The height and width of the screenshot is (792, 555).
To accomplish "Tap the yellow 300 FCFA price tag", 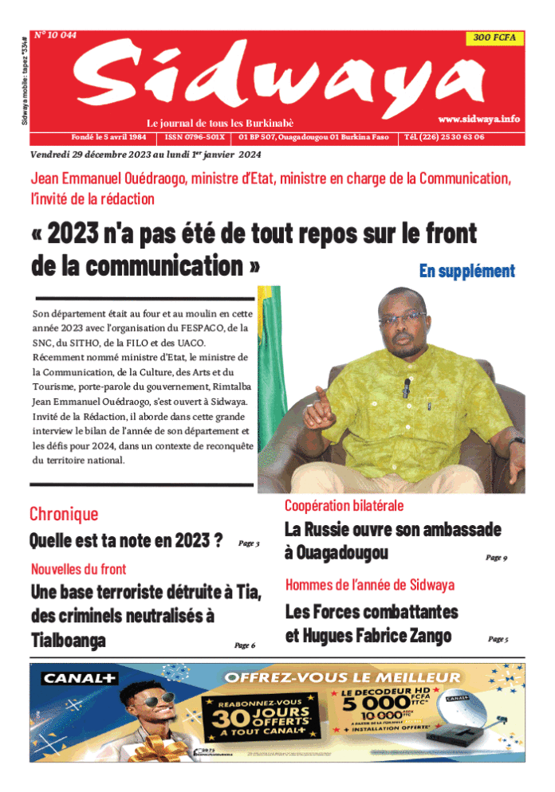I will click(x=494, y=37).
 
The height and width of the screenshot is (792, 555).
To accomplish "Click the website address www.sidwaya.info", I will click(x=478, y=119).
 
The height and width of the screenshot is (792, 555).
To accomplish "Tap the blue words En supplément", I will click(x=466, y=271).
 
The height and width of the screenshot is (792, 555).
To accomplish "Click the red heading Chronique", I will click(x=64, y=514).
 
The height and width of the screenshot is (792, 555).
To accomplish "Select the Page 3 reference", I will click(x=249, y=544).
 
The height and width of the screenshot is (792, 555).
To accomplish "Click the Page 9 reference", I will click(x=496, y=558).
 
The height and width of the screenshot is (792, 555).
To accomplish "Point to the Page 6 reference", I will click(x=244, y=645).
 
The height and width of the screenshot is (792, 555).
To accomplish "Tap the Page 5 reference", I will click(x=498, y=639).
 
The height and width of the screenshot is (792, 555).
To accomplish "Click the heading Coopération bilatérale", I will click(x=344, y=505).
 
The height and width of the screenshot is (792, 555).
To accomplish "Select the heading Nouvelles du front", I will click(x=78, y=569).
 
